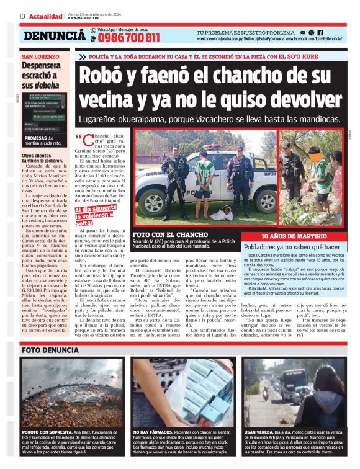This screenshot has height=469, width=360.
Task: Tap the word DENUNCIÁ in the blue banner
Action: [x=55, y=36]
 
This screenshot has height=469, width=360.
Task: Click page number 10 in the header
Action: [x=22, y=16]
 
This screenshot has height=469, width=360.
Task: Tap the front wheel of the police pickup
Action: [x=152, y=203]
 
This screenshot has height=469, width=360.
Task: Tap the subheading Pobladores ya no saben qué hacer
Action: [x=292, y=246]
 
